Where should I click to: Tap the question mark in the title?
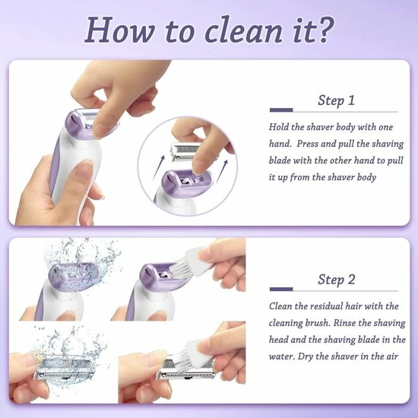coord(324,29)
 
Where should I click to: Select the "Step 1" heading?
coord(336,100)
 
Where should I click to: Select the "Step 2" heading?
coord(337,280)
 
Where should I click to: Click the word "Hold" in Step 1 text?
coord(279,127)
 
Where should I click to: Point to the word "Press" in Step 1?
coord(307,144)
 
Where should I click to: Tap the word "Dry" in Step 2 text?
coord(306,356)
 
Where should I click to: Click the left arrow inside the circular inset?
coord(159,168)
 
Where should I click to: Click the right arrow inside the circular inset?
coord(222,171)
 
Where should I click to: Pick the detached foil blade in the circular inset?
coord(185,151)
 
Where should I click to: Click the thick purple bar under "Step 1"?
coord(281,110)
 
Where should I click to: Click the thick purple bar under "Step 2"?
coord(281,290)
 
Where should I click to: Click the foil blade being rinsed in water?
coord(65,368)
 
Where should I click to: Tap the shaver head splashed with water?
coord(74,277)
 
